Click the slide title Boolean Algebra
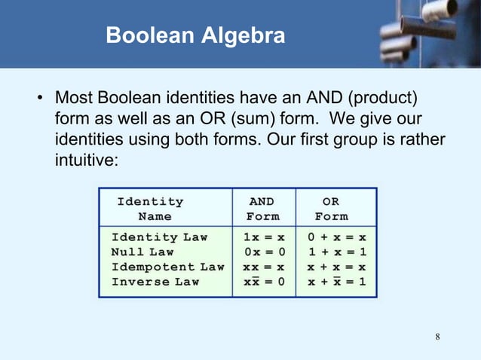[x=195, y=35]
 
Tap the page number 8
[x=437, y=334]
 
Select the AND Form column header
[x=262, y=209]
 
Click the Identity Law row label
[x=159, y=237]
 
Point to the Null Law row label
[x=142, y=252]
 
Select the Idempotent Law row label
[x=167, y=267]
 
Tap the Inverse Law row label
[x=155, y=282]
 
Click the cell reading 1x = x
[x=263, y=237]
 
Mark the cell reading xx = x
[x=263, y=267]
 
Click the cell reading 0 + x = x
[x=336, y=237]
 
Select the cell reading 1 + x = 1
[x=336, y=252]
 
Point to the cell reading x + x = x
[x=336, y=267]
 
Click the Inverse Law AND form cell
[x=263, y=282]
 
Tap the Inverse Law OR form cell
[x=336, y=282]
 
